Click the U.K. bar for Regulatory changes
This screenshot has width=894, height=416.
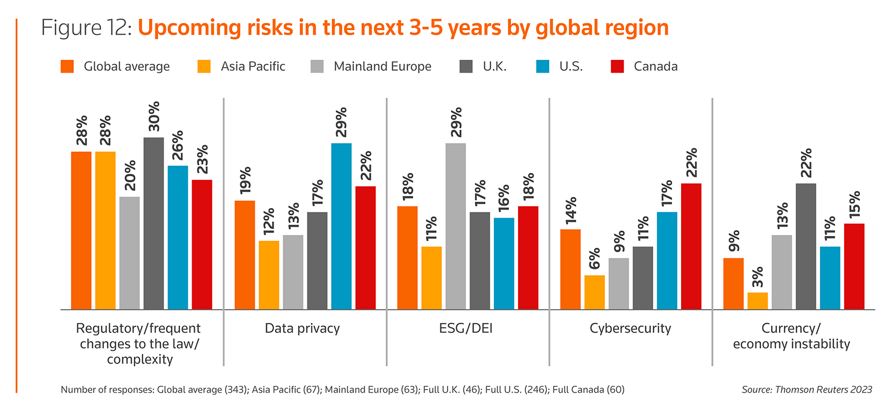(154, 224)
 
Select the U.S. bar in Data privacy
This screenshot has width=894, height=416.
(341, 226)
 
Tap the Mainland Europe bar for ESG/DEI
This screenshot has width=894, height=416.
(456, 226)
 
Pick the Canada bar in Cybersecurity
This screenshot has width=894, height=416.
(691, 247)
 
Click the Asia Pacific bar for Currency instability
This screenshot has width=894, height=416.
(758, 301)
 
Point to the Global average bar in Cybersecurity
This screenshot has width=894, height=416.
(570, 270)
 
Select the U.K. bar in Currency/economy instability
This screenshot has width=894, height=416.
(806, 247)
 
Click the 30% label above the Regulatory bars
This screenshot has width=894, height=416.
(154, 116)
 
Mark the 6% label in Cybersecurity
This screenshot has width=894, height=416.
(595, 259)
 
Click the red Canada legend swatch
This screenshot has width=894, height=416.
(617, 67)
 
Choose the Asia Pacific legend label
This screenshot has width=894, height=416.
(253, 67)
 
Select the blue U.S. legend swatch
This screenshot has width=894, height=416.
(543, 67)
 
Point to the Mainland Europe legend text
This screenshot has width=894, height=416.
(383, 67)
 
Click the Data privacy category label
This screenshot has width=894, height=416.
(302, 328)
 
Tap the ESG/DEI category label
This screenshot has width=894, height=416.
(466, 328)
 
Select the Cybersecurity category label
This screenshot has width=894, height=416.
(630, 328)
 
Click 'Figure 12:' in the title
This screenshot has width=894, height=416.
(87, 28)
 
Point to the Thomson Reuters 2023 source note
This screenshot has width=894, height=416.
(807, 390)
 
